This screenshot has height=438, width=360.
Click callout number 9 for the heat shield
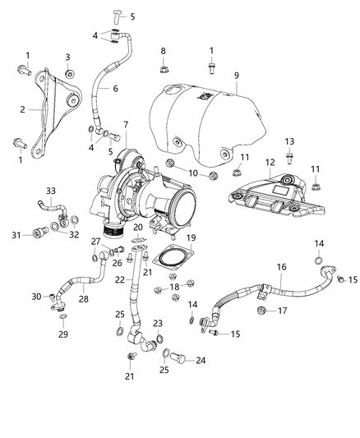[x=236, y=76]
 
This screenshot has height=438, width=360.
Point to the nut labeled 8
[x=164, y=67]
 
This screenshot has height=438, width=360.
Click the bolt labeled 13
[x=289, y=154]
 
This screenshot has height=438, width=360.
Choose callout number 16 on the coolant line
[x=281, y=268]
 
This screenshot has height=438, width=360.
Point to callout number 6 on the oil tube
[x=115, y=88]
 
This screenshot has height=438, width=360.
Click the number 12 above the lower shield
[x=268, y=164]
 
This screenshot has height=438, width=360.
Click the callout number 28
[x=82, y=300]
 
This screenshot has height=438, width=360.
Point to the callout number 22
[x=121, y=280]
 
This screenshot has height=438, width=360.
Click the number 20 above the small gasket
[x=138, y=227]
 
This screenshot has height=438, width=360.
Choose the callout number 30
[x=35, y=297]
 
